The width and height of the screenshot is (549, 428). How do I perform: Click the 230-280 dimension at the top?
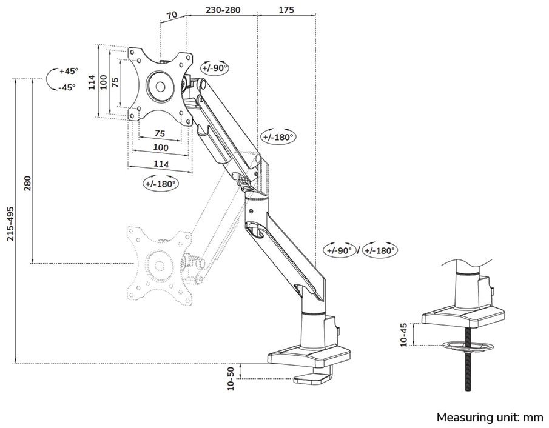pos(222,10)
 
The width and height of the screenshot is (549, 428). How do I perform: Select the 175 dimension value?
pos(287,10)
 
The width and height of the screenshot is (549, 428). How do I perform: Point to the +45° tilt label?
pos(67,71)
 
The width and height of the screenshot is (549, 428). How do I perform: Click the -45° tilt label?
pos(67,87)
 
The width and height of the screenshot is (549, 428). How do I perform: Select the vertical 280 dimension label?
pos(27,184)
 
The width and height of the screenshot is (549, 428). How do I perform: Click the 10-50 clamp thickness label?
pos(231,378)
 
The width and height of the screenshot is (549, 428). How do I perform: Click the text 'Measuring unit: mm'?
pos(490,417)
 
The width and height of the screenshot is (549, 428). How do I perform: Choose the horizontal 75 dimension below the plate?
pos(160,133)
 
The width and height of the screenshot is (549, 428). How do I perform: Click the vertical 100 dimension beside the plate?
pos(104,82)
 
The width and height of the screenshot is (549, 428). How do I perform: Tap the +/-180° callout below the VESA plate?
pos(160,183)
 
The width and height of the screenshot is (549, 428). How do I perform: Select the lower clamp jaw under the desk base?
pos(312,380)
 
